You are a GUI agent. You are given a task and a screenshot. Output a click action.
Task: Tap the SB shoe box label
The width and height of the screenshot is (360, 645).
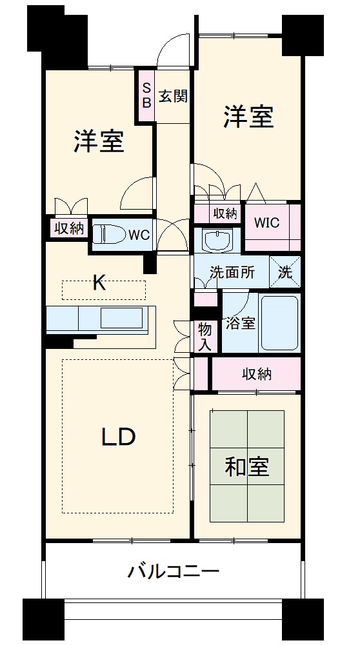146,95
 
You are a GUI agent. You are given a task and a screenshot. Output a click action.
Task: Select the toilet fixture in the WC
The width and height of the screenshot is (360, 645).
109,233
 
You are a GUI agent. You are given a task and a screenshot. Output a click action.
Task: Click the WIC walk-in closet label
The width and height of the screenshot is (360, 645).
266,223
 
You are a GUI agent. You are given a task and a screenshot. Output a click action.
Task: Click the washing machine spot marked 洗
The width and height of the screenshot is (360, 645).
285,272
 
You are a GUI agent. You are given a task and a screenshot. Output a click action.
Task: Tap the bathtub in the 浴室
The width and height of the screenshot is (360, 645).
279,322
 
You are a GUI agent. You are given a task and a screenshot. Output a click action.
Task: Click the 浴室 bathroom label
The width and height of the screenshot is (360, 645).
240,323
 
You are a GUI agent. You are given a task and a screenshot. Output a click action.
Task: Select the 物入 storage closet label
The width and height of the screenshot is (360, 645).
205,337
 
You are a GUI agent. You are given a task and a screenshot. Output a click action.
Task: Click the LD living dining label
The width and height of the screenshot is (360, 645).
118,437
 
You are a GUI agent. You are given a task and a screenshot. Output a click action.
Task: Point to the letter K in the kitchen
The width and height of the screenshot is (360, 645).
99,283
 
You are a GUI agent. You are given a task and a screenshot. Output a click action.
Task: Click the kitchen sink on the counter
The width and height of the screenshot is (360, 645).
121,318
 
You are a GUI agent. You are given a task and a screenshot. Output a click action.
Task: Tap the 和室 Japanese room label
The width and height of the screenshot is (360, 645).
247,466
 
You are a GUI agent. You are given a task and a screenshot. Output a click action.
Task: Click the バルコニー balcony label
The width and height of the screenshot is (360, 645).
174,571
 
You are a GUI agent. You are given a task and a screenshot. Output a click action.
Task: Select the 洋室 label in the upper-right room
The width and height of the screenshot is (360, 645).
249,117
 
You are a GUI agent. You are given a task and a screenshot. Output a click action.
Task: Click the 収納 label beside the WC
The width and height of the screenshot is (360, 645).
68,228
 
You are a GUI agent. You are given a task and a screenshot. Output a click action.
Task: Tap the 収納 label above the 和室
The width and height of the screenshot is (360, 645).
256,373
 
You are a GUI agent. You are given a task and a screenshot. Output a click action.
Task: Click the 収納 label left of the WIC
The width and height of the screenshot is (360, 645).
225,213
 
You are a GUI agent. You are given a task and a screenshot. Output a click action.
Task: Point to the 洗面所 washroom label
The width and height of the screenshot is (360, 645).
232,272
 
